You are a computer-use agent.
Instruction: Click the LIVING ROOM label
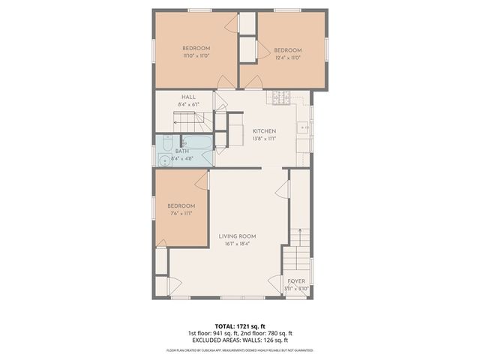[238, 236]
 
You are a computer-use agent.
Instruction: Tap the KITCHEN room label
[265, 130]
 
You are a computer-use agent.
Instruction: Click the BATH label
[182, 151]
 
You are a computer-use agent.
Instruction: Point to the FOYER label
[297, 281]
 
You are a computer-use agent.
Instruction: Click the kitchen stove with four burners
[280, 97]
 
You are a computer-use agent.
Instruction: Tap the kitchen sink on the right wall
[305, 128]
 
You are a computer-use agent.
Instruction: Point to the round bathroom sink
[163, 159]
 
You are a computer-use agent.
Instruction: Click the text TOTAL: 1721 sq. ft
[240, 326]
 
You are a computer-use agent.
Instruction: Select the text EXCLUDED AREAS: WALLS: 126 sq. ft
[240, 340]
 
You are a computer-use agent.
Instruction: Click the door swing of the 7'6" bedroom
[198, 180]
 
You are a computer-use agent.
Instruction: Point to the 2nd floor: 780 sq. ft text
[267, 334]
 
